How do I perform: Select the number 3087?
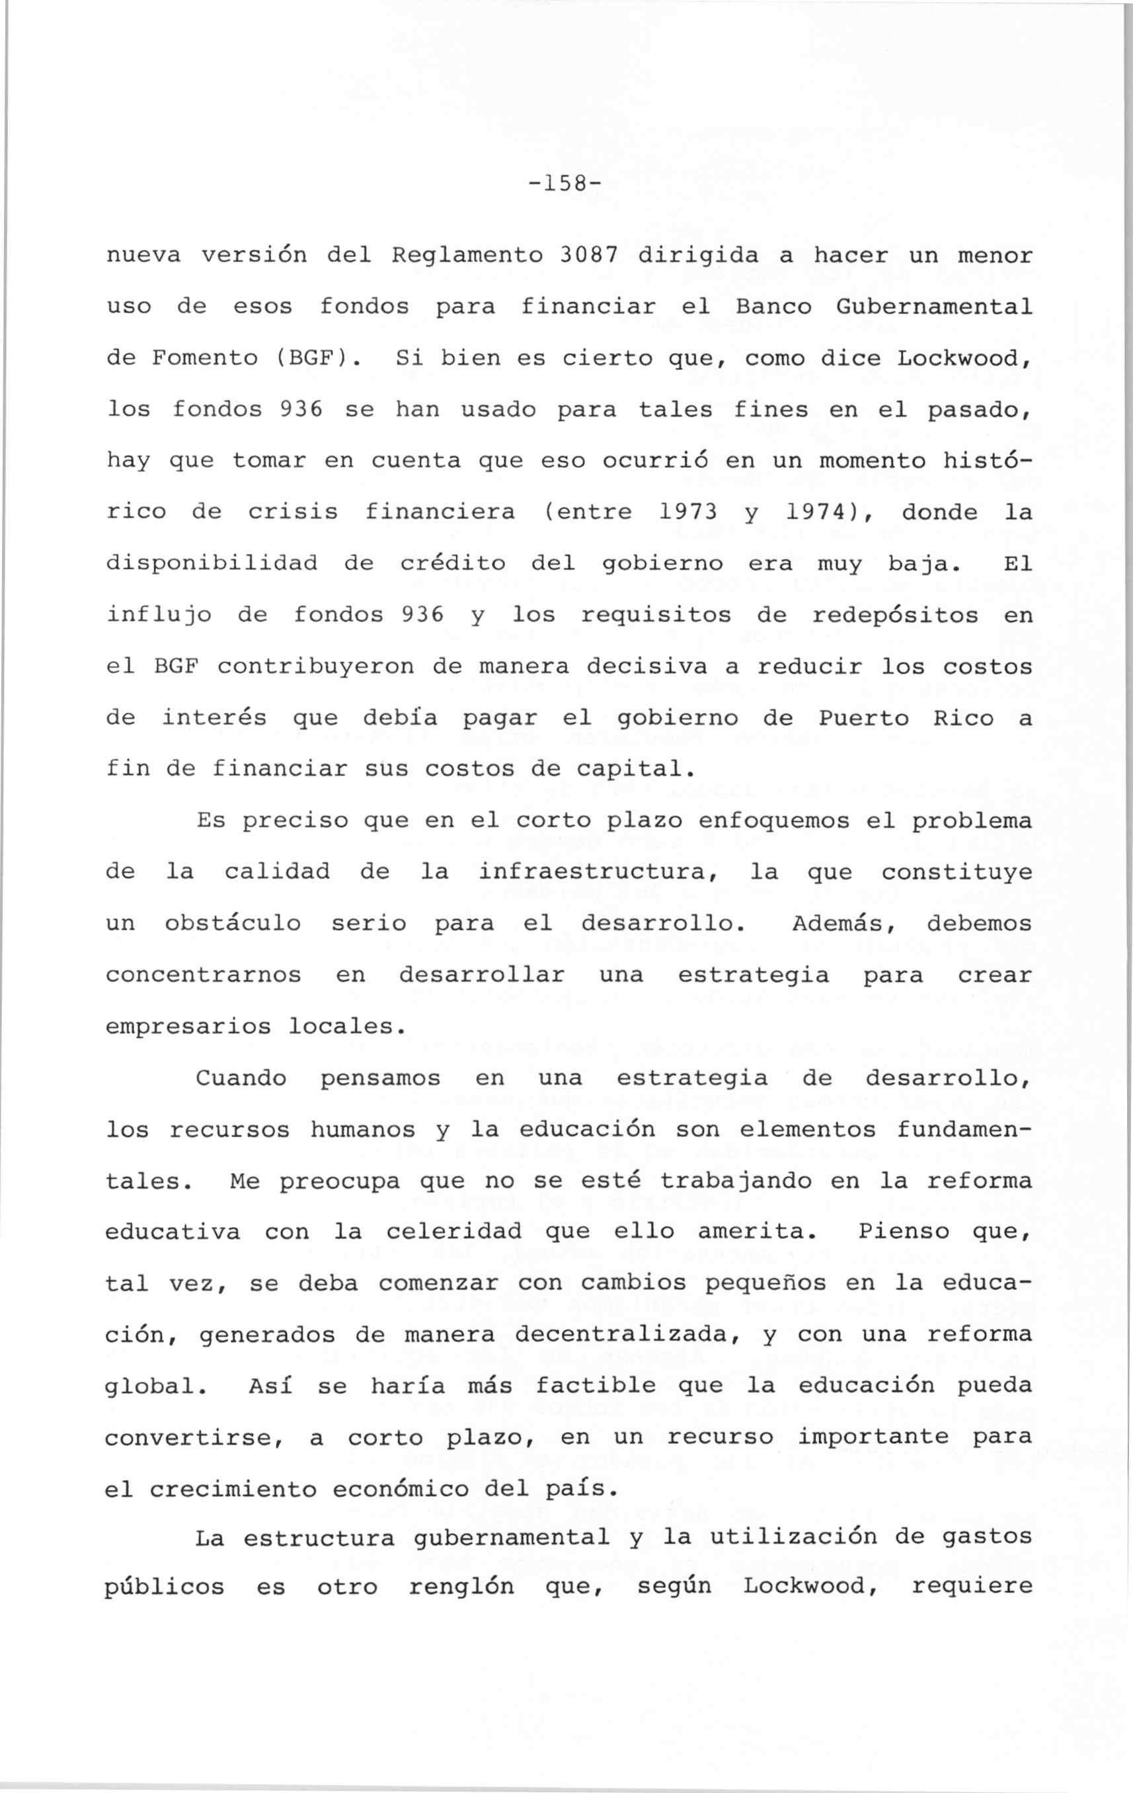coord(588,255)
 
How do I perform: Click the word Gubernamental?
coord(934,307)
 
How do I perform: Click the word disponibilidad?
coord(212,564)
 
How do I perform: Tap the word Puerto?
coord(863,719)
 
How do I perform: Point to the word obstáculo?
coord(232,924)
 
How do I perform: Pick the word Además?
coord(842,924)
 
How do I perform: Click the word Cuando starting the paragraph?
coord(241,1078)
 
